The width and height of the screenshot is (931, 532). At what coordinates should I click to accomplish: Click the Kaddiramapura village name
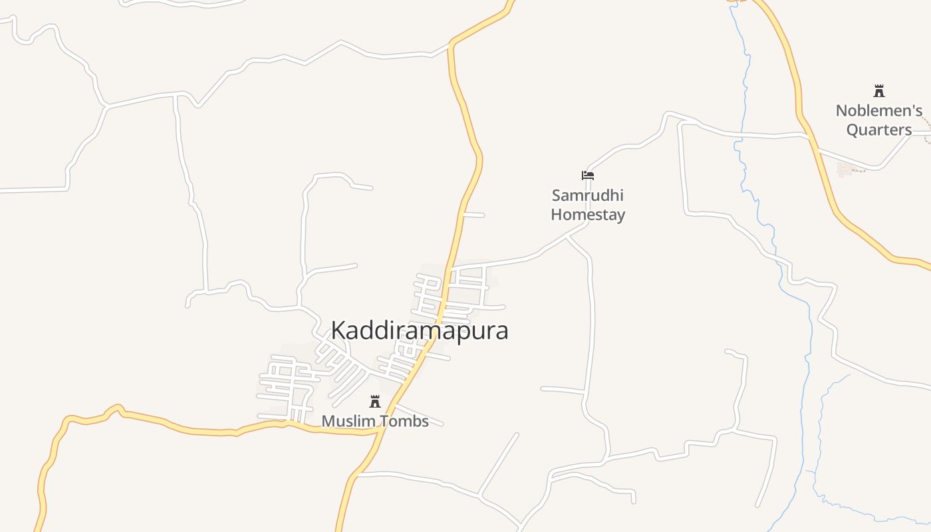click(x=420, y=331)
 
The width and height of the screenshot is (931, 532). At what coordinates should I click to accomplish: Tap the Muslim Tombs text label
click(x=375, y=421)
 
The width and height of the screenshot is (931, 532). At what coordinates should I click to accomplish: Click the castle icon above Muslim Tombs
click(x=375, y=401)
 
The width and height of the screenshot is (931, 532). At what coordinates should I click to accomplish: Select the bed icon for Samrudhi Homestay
click(x=588, y=176)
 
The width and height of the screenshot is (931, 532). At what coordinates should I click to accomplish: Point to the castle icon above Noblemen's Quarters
click(x=879, y=91)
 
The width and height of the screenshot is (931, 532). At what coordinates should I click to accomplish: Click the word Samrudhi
click(x=588, y=196)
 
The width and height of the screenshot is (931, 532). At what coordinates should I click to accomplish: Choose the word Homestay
click(x=588, y=215)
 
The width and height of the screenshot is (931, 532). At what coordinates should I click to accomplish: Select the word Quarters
click(x=879, y=130)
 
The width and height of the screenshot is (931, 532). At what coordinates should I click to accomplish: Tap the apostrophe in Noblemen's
click(x=911, y=106)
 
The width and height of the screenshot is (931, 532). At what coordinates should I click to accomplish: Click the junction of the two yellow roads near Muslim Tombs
click(x=380, y=430)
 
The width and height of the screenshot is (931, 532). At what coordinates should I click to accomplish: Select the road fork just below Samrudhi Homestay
click(x=567, y=236)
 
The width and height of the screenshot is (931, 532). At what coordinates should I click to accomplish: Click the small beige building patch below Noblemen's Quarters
click(x=846, y=169)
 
